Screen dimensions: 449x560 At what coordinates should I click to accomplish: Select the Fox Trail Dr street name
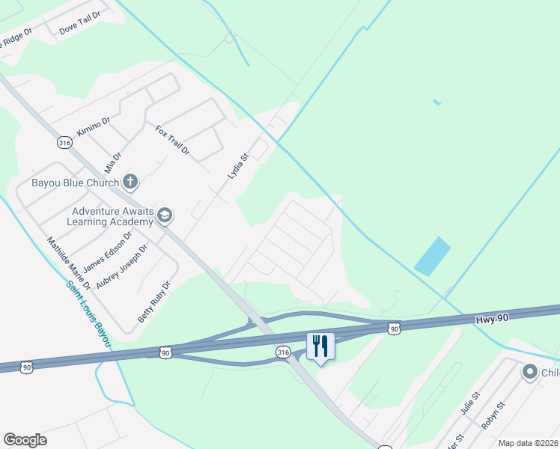tap(172, 141)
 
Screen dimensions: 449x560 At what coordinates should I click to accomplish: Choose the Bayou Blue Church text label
tap(75, 183)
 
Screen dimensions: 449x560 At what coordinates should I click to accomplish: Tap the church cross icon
tap(130, 181)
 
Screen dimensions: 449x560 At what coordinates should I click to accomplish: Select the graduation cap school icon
tap(165, 216)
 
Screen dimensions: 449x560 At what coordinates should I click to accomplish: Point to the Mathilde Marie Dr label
tap(68, 263)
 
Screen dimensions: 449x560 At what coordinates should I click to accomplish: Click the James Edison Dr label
tap(107, 251)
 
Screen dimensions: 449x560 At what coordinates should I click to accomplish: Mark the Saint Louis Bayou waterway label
tap(88, 314)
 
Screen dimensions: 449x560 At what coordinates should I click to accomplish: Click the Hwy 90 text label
tap(492, 319)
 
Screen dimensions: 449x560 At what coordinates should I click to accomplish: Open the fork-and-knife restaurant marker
tap(320, 346)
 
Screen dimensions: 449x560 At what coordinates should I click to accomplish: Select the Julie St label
tap(469, 405)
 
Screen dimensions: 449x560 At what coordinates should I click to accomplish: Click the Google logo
tap(25, 440)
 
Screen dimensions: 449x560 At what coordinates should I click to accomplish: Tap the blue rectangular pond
tap(433, 256)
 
